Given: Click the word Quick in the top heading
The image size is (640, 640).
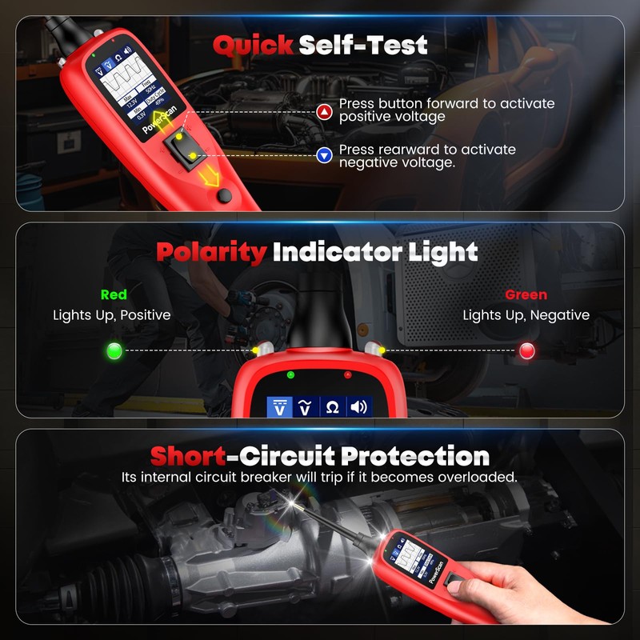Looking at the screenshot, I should pos(254,45).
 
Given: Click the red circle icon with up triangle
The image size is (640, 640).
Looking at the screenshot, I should pos(324,111).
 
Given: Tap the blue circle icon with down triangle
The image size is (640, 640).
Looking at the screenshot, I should pos(324,156).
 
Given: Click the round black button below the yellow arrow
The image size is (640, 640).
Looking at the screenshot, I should pos(226,195).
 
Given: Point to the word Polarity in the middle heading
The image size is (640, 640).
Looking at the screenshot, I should pos(211,253).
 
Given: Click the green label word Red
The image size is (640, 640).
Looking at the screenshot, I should pos(114,294).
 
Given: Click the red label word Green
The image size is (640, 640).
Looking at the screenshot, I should pos(526,294).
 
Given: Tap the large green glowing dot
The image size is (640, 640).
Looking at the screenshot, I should pos(114,350).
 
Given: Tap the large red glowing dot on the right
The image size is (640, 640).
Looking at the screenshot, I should pos(527,350).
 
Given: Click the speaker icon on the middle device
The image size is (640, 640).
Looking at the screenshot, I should pos(359,406).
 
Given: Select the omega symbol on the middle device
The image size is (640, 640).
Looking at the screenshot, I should pos(332,406).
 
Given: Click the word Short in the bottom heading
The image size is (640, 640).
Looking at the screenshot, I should pos(188,457).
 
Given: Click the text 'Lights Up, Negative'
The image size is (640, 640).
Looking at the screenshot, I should pos(526,315).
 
